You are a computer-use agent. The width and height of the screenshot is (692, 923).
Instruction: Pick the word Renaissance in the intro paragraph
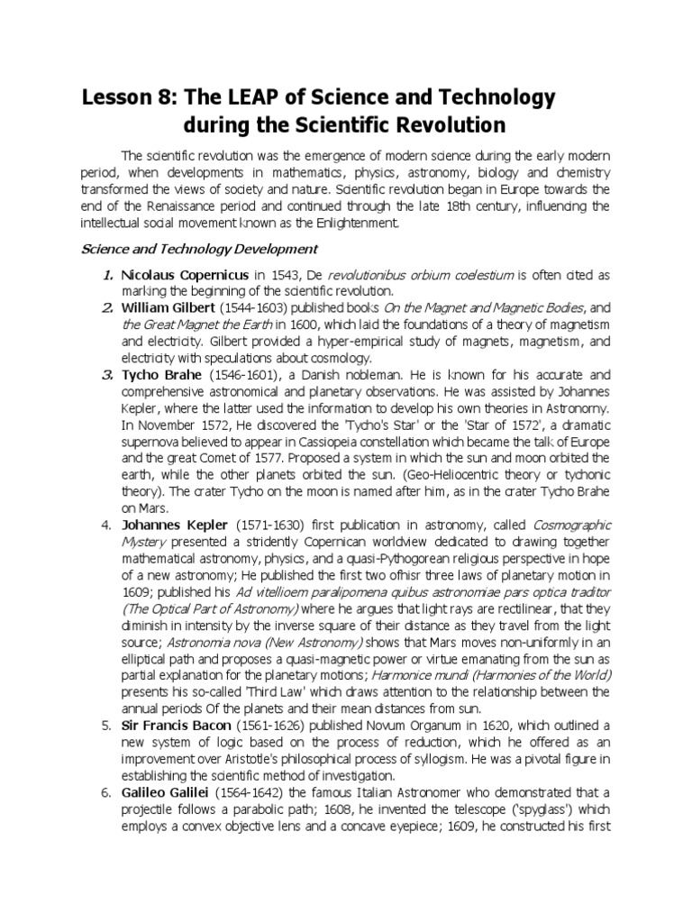[198, 206]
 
